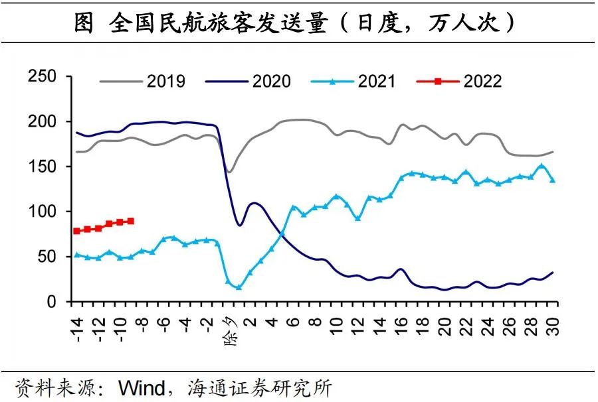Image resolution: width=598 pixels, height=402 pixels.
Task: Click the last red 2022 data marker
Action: (x=131, y=221)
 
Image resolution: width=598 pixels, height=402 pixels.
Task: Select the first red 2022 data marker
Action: (x=77, y=231)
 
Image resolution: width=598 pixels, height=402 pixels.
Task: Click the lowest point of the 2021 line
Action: (x=239, y=287)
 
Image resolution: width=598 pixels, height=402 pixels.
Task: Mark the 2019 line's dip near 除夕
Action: (x=229, y=172)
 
